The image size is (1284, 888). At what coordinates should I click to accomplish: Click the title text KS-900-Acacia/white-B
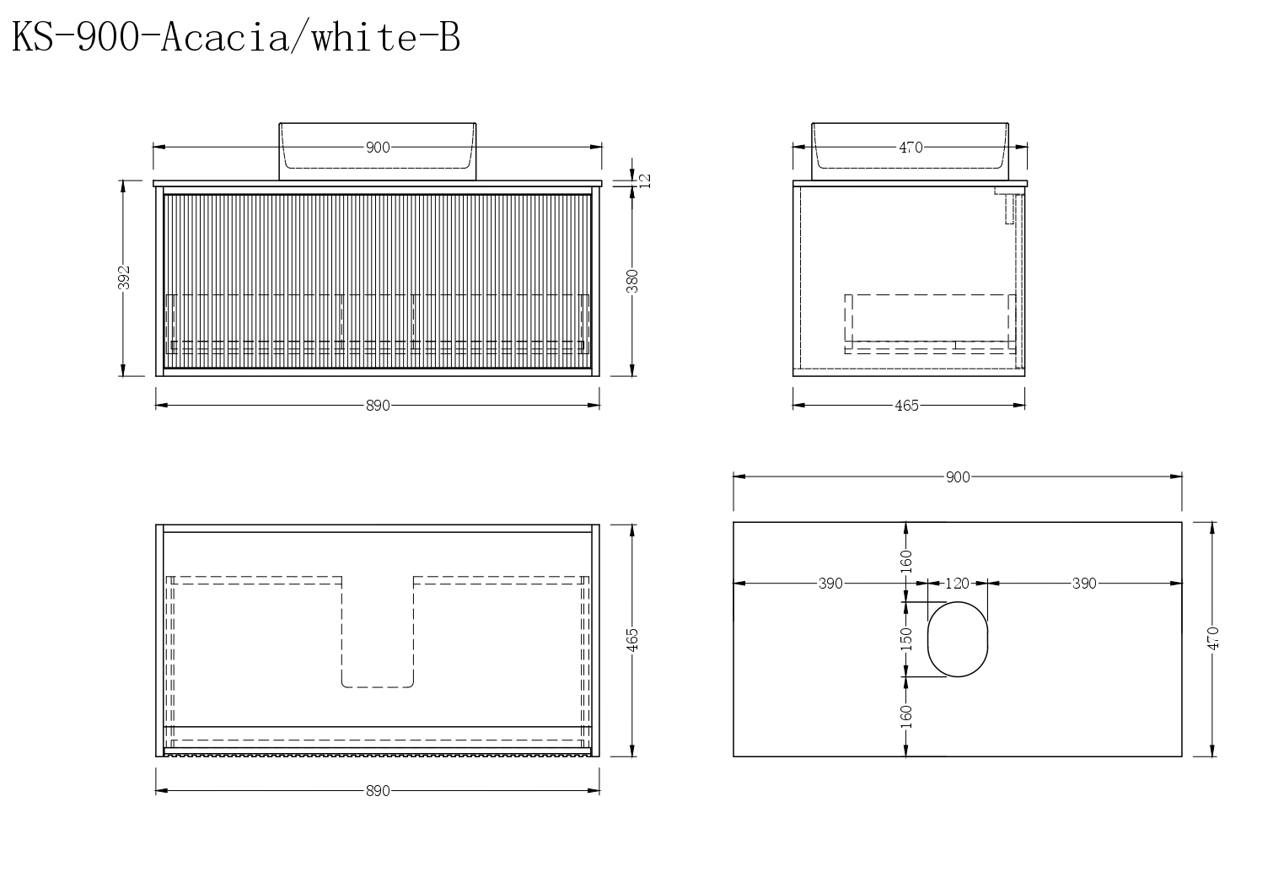tap(235, 39)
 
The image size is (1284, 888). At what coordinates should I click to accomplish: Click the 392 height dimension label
tap(125, 278)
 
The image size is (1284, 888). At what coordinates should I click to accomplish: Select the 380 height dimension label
tap(632, 281)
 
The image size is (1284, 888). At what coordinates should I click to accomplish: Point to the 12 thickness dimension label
tap(646, 180)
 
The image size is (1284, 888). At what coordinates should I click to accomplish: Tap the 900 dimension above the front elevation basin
tap(378, 148)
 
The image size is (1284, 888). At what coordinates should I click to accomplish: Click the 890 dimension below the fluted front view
tap(378, 406)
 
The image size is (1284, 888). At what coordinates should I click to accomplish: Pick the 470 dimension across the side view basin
tap(911, 148)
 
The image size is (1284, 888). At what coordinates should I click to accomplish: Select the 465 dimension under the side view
tap(906, 406)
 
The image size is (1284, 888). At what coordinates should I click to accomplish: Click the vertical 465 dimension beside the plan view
tap(632, 640)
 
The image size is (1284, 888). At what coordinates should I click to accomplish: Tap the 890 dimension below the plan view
tap(378, 791)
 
